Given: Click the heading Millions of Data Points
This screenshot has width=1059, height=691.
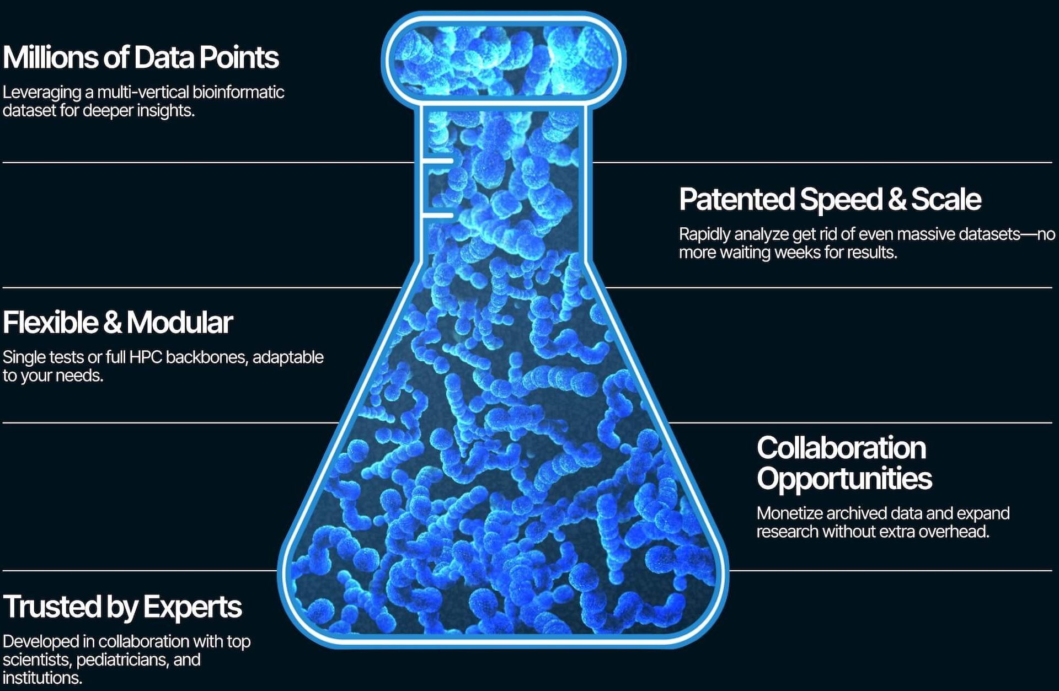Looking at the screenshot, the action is click(x=141, y=57).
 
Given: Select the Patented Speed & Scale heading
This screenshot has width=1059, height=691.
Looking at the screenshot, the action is click(x=830, y=199).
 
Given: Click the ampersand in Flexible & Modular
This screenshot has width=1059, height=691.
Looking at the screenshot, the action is click(x=112, y=323).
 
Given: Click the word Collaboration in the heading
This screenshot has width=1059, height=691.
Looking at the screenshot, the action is click(x=841, y=448).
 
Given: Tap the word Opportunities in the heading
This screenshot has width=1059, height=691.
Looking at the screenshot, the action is click(x=844, y=479).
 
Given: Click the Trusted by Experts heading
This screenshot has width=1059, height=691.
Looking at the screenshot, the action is click(x=122, y=607).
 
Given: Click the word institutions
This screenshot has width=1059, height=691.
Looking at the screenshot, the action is click(x=42, y=678).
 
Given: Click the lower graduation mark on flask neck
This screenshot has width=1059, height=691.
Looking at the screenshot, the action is click(x=438, y=215).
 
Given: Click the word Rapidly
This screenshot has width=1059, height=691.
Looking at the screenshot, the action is click(x=705, y=234).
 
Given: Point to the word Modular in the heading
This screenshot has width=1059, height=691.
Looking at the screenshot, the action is click(x=180, y=323).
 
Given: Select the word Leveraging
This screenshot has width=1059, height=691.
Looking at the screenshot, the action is click(x=42, y=93).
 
